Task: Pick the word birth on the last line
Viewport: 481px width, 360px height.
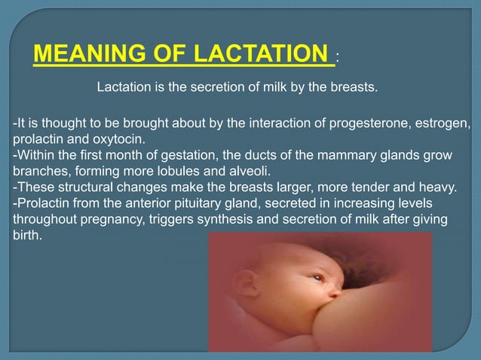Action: coord(27,235)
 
